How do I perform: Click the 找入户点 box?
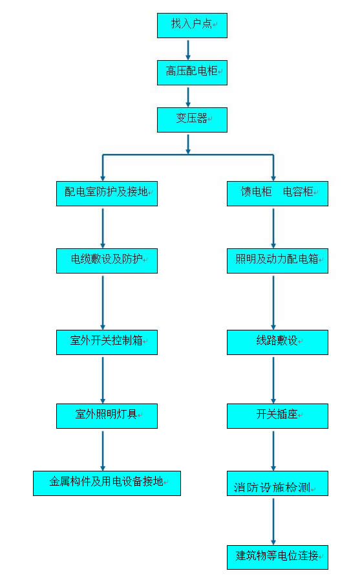[x=192, y=25]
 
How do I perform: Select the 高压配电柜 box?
[x=192, y=72]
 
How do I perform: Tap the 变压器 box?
[x=192, y=120]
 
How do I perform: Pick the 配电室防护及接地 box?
[x=107, y=193]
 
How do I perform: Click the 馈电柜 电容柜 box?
[x=277, y=193]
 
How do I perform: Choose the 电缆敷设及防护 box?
[x=107, y=261]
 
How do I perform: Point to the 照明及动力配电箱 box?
[x=277, y=261]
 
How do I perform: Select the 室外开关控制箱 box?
[x=107, y=342]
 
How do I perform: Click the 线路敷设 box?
[x=277, y=342]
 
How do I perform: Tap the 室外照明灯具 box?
[x=107, y=416]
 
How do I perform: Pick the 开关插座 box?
[x=277, y=416]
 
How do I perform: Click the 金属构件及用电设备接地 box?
[x=107, y=483]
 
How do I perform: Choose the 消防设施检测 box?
[x=277, y=483]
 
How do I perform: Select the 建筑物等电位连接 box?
[x=277, y=557]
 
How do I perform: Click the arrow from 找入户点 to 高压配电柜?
[x=188, y=50]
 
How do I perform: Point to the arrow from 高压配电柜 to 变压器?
[x=188, y=97]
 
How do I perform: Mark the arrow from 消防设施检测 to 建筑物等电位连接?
[x=273, y=521]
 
